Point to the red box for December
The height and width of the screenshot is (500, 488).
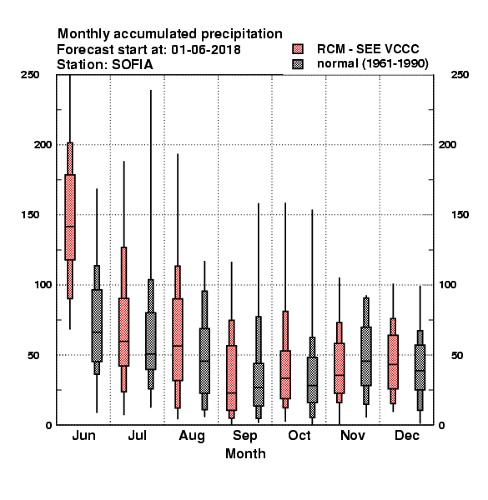pyautogui.click(x=393, y=362)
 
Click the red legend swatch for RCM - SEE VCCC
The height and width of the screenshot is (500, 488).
pyautogui.click(x=298, y=49)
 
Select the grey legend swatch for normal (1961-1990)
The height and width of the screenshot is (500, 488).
pyautogui.click(x=298, y=64)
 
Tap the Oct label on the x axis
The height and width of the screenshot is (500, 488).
pyautogui.click(x=299, y=435)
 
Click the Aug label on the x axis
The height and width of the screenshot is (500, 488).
pyautogui.click(x=192, y=436)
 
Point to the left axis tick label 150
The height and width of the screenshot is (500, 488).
pyautogui.click(x=30, y=215)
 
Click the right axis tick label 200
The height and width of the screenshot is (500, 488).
pyautogui.click(x=447, y=144)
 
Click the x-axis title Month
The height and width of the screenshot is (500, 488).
pyautogui.click(x=245, y=453)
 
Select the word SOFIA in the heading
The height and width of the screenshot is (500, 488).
pyautogui.click(x=132, y=65)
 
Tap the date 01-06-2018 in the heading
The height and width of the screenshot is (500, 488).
pyautogui.click(x=206, y=50)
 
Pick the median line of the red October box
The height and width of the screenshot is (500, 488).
pyautogui.click(x=285, y=377)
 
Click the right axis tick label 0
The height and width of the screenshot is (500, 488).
pyautogui.click(x=441, y=425)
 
